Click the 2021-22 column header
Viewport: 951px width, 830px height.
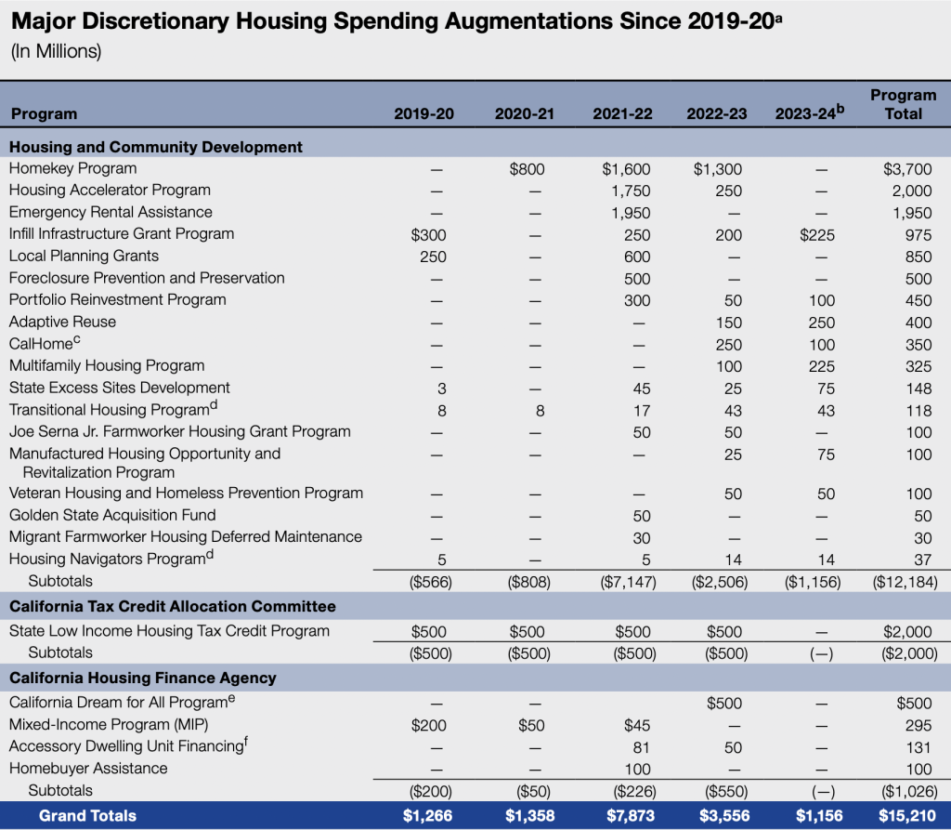coord(622,114)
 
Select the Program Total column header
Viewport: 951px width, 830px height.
coord(903,104)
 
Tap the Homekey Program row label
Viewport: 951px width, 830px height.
coord(72,168)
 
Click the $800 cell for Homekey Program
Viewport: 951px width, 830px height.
coord(527,169)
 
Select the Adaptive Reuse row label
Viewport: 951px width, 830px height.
coord(62,322)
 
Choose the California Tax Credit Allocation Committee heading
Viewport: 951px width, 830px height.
coord(172,607)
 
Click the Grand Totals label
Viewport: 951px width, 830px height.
coord(87,816)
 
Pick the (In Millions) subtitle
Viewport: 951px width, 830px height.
coord(56,51)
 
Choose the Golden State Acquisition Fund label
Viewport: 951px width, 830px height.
coord(112,515)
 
